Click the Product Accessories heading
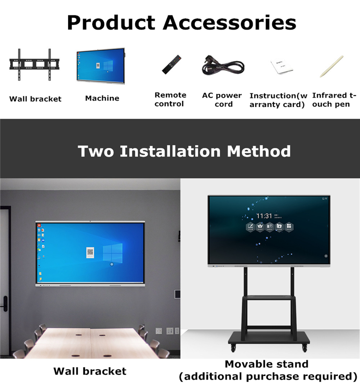tap(181, 22)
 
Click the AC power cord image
tap(223, 65)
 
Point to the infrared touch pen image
tap(331, 66)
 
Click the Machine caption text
tap(102, 98)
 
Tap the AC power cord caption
tap(222, 99)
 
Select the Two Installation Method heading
tap(184, 151)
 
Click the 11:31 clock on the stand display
tap(264, 216)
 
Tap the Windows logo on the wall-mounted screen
tap(112, 252)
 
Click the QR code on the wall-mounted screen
tap(90, 252)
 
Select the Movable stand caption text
tap(266, 364)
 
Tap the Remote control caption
tap(170, 99)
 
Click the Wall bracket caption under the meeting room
tap(90, 371)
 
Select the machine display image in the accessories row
tap(101, 64)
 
